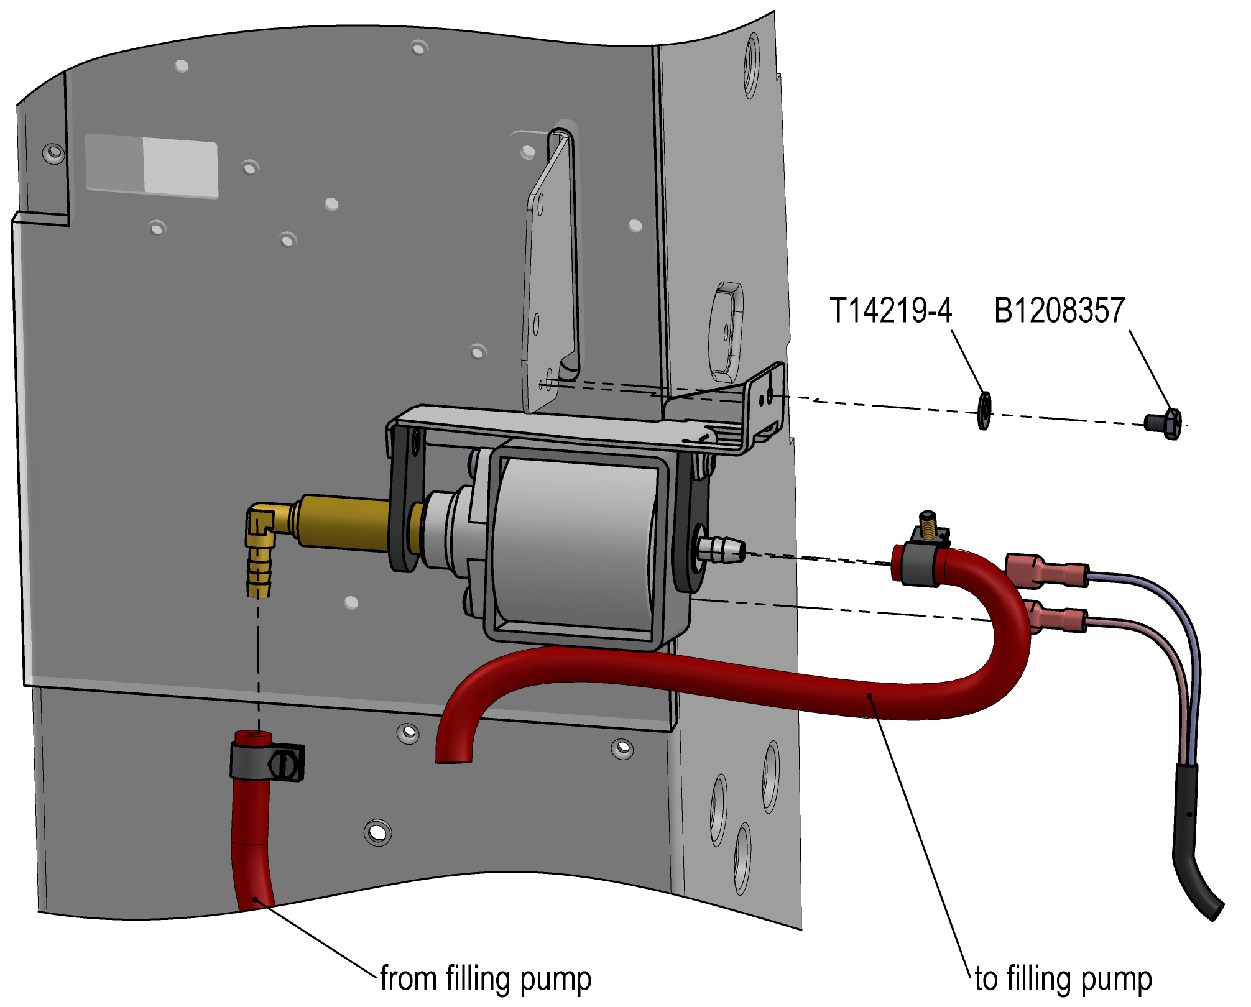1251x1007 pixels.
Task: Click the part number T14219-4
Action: click(x=890, y=310)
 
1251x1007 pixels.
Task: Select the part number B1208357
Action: click(x=1059, y=310)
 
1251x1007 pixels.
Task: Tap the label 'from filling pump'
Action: click(x=486, y=979)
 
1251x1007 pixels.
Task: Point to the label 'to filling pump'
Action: click(x=1063, y=979)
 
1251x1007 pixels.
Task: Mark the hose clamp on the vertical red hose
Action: click(x=267, y=762)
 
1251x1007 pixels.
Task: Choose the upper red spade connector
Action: click(x=1045, y=571)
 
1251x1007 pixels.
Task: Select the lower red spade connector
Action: click(x=1057, y=618)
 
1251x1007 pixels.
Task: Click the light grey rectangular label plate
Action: click(x=152, y=165)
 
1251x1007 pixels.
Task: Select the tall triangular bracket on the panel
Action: click(x=550, y=274)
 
